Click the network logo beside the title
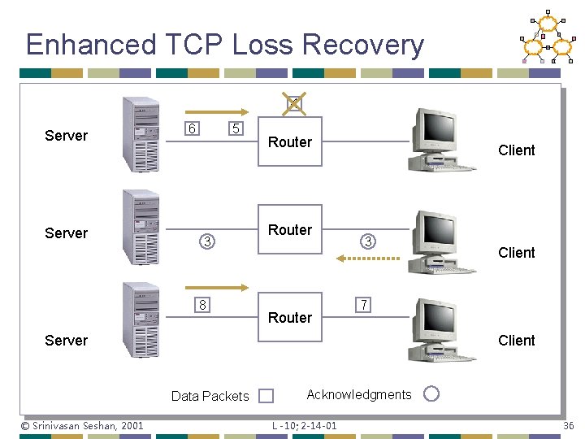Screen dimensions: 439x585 pyautogui.click(x=548, y=38)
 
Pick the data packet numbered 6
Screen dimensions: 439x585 pyautogui.click(x=191, y=129)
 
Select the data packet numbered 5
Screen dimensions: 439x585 pyautogui.click(x=235, y=129)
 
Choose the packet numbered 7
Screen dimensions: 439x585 pyautogui.click(x=365, y=305)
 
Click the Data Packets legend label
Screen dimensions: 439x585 pyautogui.click(x=210, y=396)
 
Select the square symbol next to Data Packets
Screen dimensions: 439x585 pyautogui.click(x=266, y=396)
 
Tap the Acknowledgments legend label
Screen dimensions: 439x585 pyautogui.click(x=359, y=394)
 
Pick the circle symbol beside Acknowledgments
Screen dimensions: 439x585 pyautogui.click(x=431, y=393)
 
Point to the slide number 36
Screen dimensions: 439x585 pyautogui.click(x=567, y=425)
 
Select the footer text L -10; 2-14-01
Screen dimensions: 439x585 pyautogui.click(x=305, y=425)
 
